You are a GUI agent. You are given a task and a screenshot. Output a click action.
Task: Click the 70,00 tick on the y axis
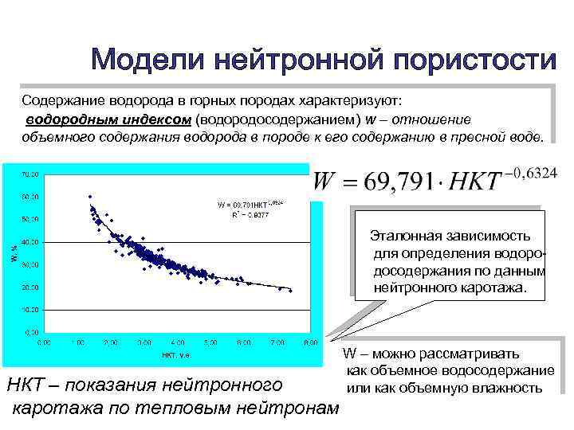coord(31,173)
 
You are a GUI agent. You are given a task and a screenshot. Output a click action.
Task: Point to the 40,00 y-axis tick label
coord(31,241)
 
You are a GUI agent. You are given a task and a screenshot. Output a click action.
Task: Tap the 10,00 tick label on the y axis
coord(31,308)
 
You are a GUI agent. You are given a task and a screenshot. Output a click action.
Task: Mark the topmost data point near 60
coord(90,196)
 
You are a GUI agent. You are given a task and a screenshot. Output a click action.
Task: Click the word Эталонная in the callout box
coord(404,236)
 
